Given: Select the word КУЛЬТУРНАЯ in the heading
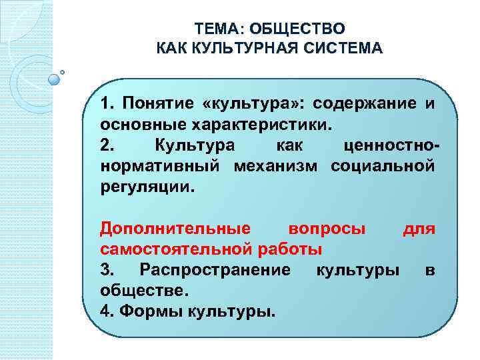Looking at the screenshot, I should (x=250, y=49).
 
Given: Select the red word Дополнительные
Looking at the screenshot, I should (x=175, y=229).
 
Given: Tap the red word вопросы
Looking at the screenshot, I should (x=326, y=229).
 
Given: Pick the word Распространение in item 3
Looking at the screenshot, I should (x=215, y=270).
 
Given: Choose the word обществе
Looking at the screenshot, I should (x=145, y=291).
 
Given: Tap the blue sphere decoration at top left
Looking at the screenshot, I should (x=55, y=78).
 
